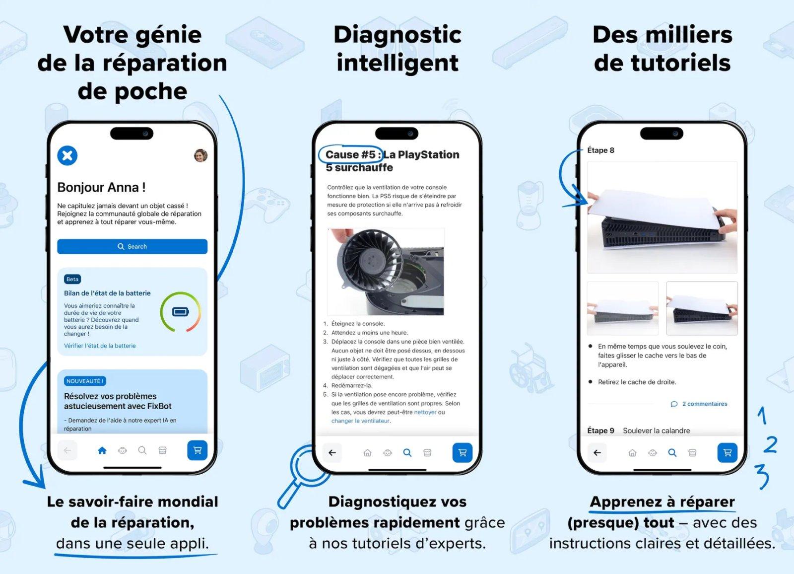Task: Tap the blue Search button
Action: [x=132, y=246]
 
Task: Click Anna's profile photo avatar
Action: [x=200, y=155]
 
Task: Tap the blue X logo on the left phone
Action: [x=67, y=155]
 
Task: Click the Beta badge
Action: [x=72, y=279]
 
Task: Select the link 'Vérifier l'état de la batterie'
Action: [x=100, y=346]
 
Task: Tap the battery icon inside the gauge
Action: [x=180, y=312]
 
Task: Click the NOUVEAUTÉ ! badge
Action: [x=84, y=381]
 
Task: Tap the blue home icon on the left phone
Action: [x=102, y=450]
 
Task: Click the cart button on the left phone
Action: [x=197, y=450]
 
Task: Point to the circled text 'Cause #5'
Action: [x=350, y=154]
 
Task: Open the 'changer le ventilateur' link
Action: [x=360, y=421]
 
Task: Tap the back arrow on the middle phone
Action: [x=332, y=452]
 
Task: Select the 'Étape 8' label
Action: [x=600, y=150]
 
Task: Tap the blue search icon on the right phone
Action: [x=672, y=452]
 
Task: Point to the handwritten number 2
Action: [x=770, y=444]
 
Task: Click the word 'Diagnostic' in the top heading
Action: [x=397, y=35]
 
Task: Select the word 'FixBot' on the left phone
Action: [x=159, y=406]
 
